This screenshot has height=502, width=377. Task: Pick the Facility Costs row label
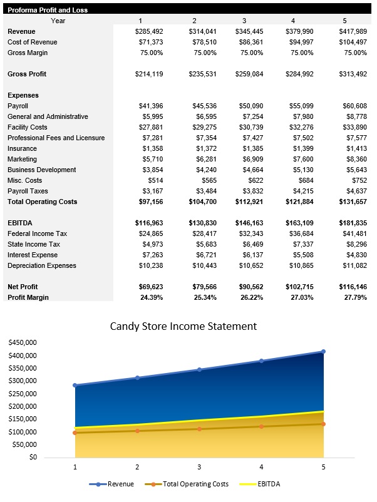click(28, 127)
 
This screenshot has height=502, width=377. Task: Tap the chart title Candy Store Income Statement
click(183, 326)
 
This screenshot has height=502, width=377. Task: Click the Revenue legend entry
click(115, 484)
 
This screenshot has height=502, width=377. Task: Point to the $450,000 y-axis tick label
click(22, 342)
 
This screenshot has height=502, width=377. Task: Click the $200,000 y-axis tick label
click(22, 406)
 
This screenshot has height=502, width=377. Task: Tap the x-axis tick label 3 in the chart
click(199, 467)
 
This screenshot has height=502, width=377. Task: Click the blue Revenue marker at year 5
click(323, 351)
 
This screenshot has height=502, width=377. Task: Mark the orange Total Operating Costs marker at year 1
click(75, 433)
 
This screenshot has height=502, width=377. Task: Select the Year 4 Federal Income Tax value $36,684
click(302, 233)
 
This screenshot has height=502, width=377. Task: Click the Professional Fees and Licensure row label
click(56, 138)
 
